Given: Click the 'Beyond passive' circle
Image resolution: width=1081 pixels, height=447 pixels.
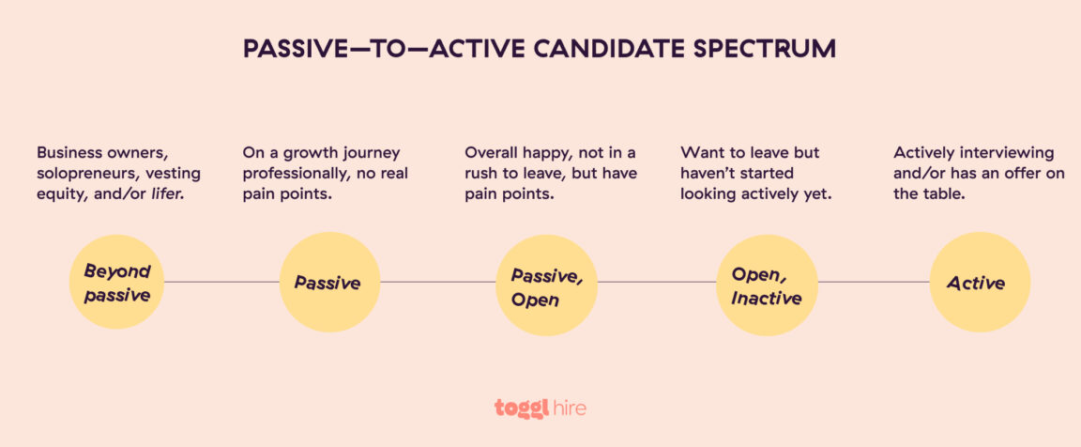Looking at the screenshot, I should (117, 282).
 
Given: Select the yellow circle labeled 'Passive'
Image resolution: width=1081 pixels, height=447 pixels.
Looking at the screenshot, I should (328, 282).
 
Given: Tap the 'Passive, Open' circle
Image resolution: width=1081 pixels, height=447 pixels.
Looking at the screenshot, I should (546, 285).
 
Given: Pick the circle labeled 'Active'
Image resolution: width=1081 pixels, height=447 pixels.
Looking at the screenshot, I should (979, 282).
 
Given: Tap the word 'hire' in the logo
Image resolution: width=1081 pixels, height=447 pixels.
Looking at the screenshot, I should (567, 408).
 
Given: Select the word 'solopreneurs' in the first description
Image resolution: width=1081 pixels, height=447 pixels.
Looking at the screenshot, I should (84, 174).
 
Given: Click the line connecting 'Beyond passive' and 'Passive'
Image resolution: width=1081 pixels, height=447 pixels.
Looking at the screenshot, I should (221, 282).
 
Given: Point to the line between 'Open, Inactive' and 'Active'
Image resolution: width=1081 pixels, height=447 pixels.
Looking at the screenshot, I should (873, 282).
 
